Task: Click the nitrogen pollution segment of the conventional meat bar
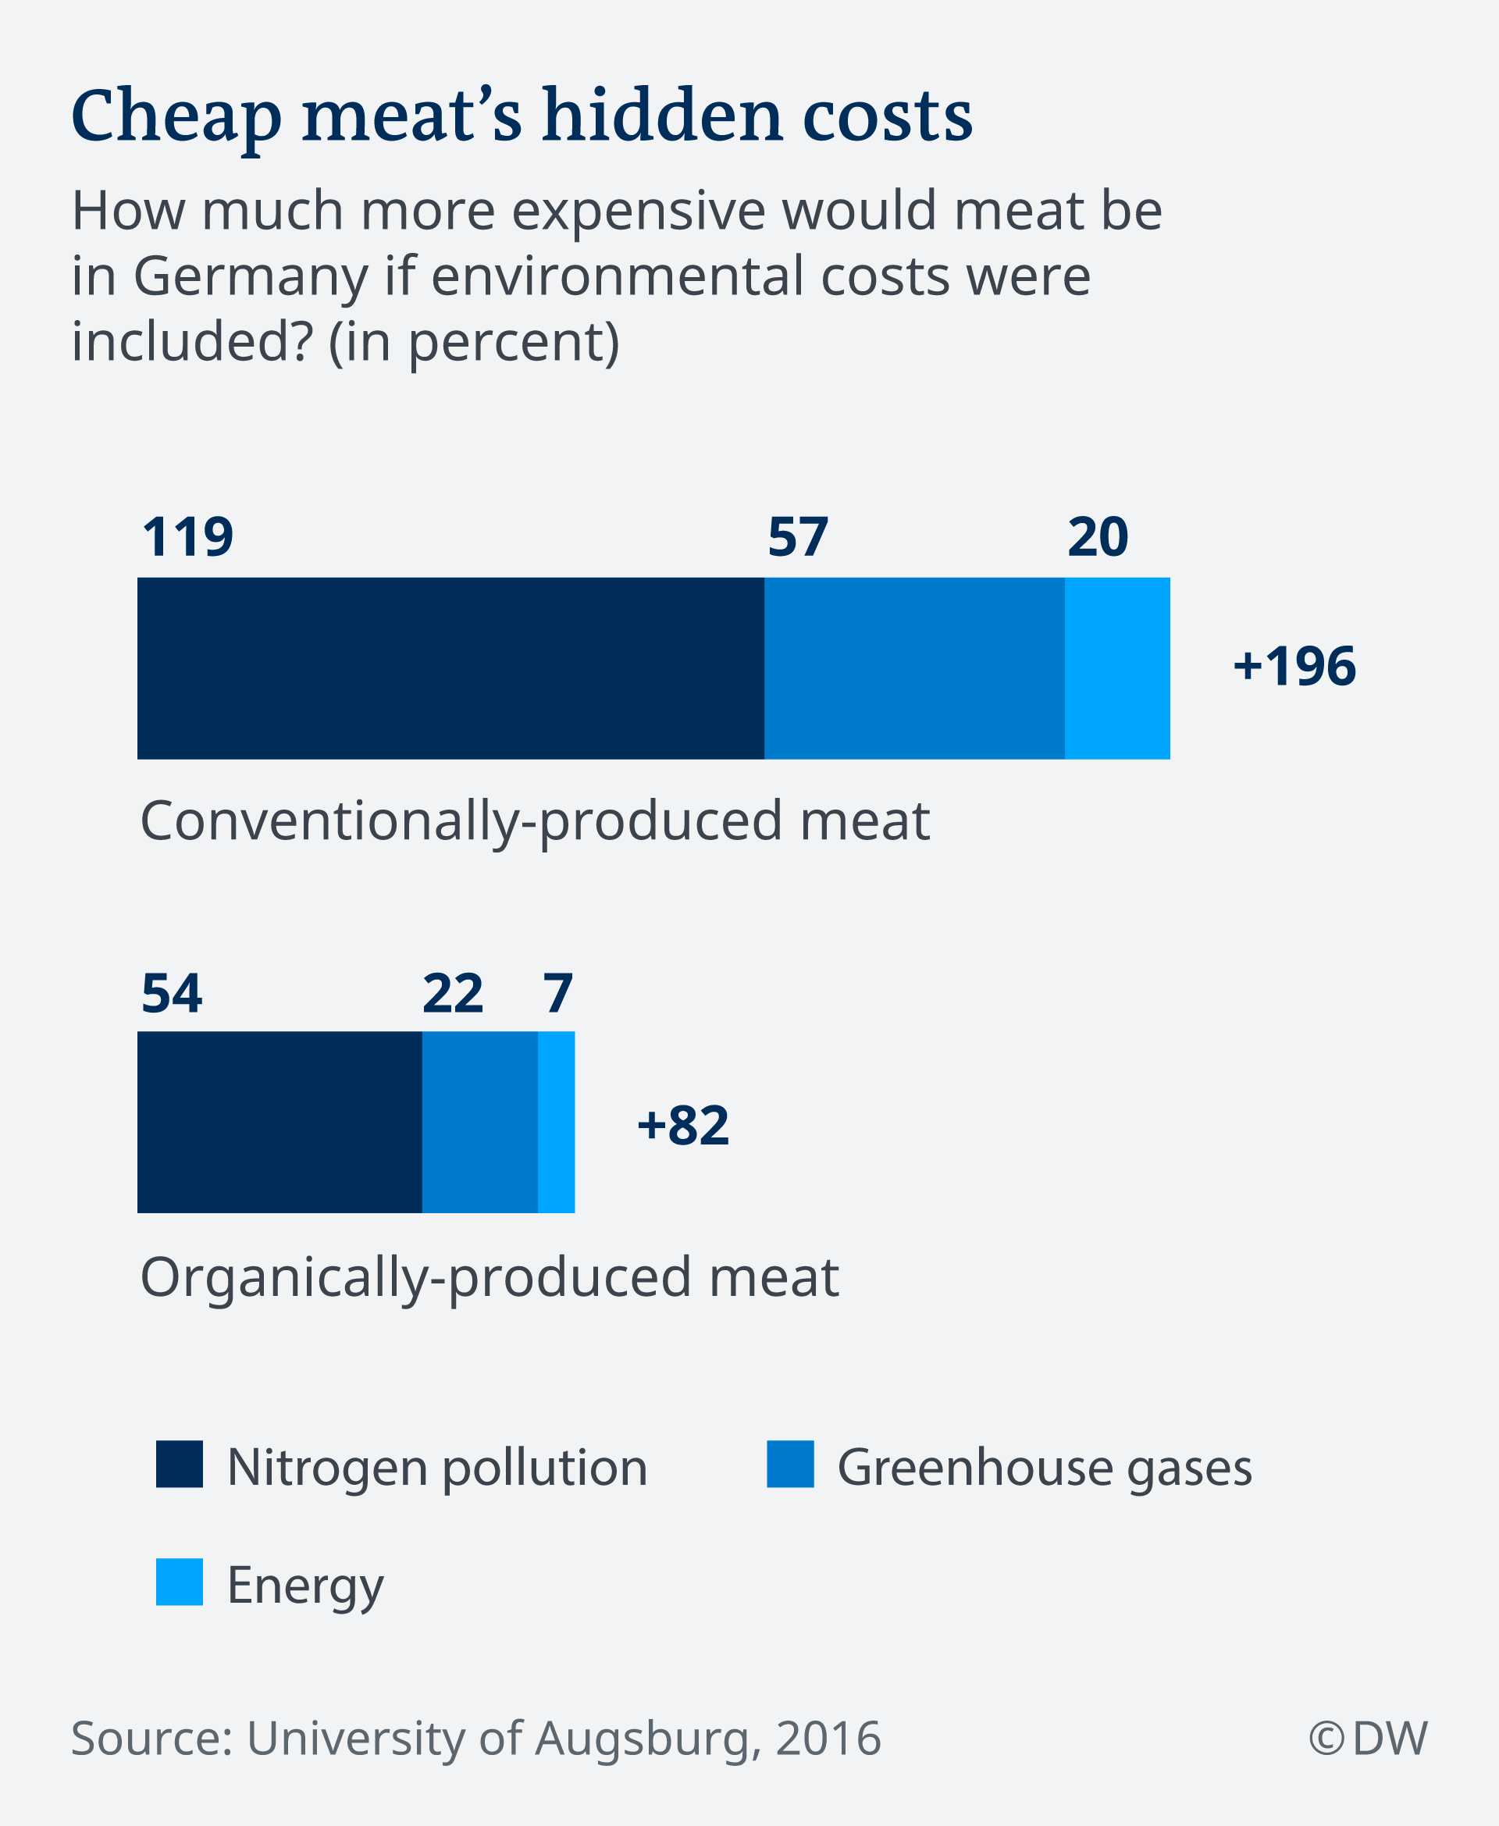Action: [450, 668]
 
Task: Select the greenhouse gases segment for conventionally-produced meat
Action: [913, 668]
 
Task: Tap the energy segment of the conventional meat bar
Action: [1116, 668]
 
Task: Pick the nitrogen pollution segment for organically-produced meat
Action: [279, 1122]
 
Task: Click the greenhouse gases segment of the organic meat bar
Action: [479, 1122]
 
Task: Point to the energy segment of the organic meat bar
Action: [555, 1122]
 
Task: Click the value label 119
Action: [187, 537]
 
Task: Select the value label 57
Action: [797, 537]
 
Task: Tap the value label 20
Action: [1097, 537]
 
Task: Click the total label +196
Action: [1294, 667]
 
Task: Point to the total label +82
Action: [682, 1125]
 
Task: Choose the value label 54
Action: [171, 993]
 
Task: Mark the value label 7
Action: [557, 993]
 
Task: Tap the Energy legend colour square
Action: [179, 1582]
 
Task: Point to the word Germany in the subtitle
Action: [251, 276]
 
